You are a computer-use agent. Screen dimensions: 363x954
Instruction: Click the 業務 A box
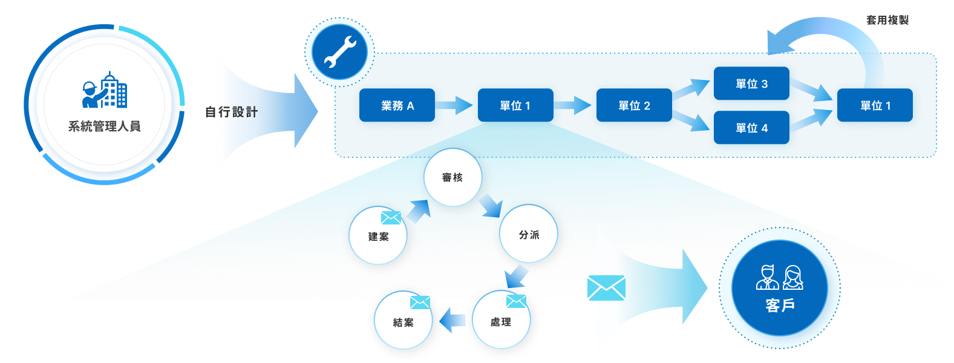(397, 105)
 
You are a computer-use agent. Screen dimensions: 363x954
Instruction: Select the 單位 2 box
(634, 105)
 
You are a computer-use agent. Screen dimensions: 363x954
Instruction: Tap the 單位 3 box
(751, 83)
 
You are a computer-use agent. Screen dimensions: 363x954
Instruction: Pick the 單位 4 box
(751, 128)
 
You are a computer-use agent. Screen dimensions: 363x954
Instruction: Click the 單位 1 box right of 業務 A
(515, 105)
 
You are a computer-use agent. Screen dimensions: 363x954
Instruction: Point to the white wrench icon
(339, 52)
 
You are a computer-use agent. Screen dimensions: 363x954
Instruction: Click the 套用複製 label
(887, 20)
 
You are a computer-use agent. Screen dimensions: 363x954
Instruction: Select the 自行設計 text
(232, 112)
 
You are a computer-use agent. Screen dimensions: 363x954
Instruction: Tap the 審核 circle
(452, 177)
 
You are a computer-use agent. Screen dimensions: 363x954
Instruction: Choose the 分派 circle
(529, 234)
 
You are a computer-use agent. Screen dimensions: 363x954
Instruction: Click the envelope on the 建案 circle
(391, 218)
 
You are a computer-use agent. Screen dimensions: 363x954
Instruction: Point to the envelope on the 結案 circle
(419, 302)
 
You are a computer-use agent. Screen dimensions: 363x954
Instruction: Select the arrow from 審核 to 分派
(490, 206)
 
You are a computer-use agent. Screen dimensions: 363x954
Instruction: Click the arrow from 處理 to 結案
(452, 320)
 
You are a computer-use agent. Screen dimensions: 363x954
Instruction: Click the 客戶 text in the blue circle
(780, 306)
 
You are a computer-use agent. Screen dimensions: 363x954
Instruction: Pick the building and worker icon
(105, 90)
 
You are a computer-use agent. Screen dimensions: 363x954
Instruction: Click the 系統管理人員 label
(104, 126)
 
